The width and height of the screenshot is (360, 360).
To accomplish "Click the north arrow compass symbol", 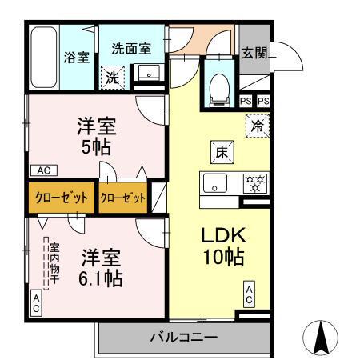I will pos(322,337).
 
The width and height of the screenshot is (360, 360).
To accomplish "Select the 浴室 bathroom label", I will pos(76,57).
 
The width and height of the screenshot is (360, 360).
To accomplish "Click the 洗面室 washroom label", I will pos(132,48).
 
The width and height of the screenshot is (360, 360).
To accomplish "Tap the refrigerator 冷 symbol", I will pos(258,126).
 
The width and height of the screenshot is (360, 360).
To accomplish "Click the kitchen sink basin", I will pos(214,182).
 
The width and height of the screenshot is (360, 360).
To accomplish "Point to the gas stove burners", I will pos(254,182).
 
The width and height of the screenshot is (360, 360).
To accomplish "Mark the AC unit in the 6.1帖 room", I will pos(36,302).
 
